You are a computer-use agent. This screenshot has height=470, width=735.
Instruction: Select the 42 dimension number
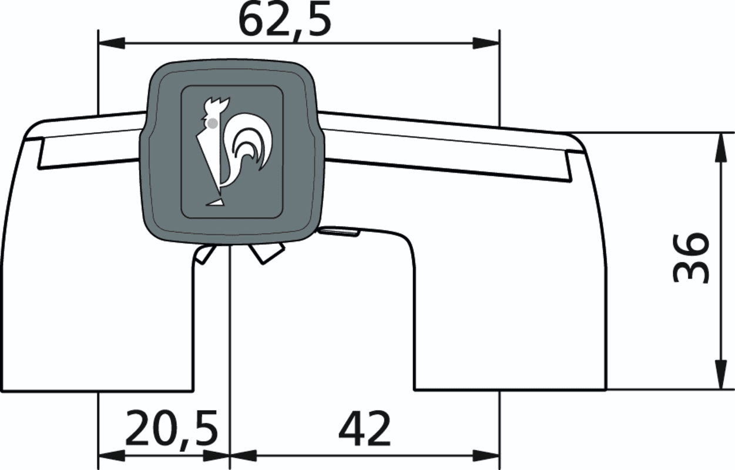[x=364, y=428]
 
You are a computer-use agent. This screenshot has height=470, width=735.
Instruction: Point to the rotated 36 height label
[x=690, y=258]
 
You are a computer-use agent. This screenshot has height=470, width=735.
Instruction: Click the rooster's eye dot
[x=212, y=123]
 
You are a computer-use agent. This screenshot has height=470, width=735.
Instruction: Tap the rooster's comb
[x=217, y=104]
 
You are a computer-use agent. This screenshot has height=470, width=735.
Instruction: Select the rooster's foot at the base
[x=214, y=202]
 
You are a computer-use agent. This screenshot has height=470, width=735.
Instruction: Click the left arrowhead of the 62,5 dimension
[x=112, y=43]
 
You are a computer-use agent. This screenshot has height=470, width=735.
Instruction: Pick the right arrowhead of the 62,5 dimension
[x=486, y=43]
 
